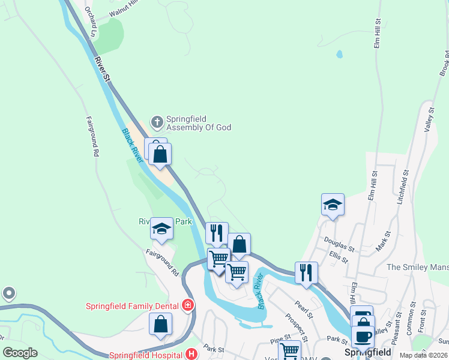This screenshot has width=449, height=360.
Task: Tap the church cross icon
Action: coord(157,122)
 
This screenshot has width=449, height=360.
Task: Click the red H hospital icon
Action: coord(191,354)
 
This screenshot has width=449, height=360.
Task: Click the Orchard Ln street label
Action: coord(91,22)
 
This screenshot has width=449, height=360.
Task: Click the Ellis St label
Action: coord(339,256)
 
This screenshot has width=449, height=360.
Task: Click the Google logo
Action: coord(20,353)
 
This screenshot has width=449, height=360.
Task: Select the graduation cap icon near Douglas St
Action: coord(333,205)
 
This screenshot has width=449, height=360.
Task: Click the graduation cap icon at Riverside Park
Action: coord(161,229)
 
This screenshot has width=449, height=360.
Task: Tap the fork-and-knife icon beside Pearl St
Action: coord(306,272)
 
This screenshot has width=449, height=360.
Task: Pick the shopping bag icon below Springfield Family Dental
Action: coord(161,324)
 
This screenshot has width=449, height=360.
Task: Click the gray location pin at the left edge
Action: coord(8,293)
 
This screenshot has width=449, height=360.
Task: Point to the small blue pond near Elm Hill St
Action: coord(340,54)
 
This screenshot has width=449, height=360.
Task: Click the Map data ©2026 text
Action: coord(423,355)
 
